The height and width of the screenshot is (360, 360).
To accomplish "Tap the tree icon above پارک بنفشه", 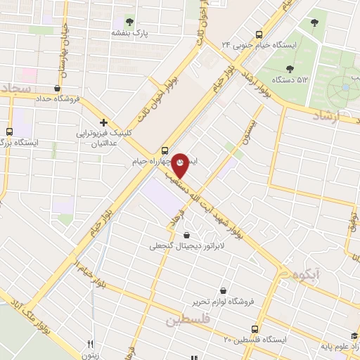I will (129, 20).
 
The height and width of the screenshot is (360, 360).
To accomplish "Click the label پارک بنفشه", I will (129, 32).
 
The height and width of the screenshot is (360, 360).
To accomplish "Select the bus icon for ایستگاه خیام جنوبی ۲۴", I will (259, 34).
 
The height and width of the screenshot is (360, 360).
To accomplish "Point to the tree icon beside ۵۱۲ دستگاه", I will (290, 68).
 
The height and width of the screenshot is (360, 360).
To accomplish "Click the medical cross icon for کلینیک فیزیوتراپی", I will (103, 122).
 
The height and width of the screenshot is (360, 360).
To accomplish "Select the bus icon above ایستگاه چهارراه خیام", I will (165, 149).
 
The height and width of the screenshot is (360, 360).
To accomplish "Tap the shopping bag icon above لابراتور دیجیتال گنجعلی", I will (186, 235).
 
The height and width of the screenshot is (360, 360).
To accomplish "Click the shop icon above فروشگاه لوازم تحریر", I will (223, 290).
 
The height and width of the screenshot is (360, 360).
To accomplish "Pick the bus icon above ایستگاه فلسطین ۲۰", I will (255, 328).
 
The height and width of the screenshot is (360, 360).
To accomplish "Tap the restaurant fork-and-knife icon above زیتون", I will (90, 344).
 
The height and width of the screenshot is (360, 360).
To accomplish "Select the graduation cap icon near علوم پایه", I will (355, 336).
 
